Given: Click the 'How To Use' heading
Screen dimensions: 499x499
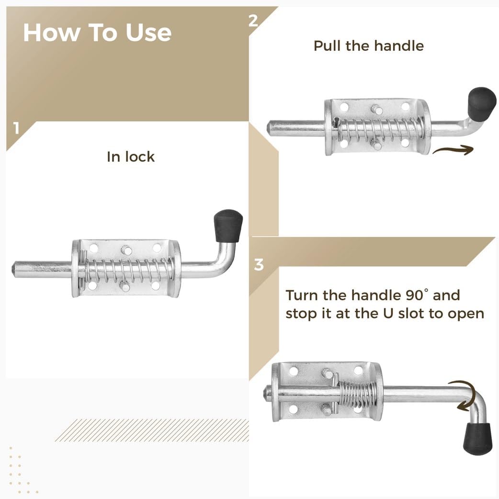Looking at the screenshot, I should [x=97, y=33].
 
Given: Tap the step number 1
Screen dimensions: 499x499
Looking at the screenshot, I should [x=17, y=129].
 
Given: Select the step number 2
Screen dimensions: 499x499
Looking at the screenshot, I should [x=254, y=20].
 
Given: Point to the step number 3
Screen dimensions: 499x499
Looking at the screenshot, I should [x=259, y=264].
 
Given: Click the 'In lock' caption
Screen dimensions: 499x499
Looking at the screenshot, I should [x=131, y=157].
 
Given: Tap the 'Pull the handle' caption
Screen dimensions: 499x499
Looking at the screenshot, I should [x=368, y=46].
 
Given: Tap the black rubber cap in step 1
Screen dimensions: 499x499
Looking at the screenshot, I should [x=228, y=225].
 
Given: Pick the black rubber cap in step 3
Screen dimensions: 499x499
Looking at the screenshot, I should [x=477, y=439].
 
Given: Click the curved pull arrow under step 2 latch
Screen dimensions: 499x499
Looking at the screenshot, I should [x=453, y=150].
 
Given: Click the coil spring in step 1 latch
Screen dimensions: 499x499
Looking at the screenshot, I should [x=127, y=271].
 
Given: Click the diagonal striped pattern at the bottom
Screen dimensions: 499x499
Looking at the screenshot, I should [x=151, y=430].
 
